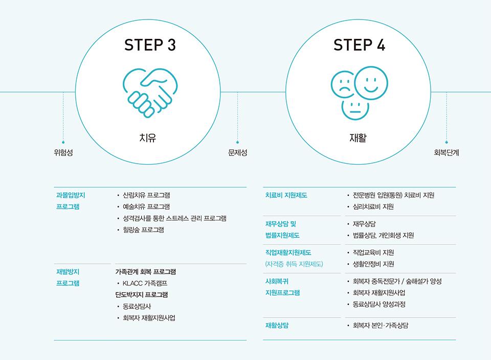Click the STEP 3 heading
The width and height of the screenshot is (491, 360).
click(x=150, y=45)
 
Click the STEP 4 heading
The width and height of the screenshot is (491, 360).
click(x=359, y=45)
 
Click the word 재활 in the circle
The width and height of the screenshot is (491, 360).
click(x=358, y=138)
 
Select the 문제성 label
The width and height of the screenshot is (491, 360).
click(x=237, y=152)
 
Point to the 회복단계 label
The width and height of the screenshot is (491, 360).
click(x=446, y=152)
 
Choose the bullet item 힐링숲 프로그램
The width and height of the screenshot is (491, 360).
click(x=143, y=230)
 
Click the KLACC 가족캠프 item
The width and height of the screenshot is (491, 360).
click(x=145, y=283)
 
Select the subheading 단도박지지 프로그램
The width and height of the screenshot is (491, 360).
click(x=142, y=295)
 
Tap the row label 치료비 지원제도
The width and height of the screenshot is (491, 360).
click(x=286, y=195)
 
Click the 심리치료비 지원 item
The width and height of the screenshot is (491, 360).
click(x=373, y=207)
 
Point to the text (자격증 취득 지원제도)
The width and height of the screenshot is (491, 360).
click(x=294, y=264)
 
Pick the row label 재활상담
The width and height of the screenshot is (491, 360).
click(x=277, y=325)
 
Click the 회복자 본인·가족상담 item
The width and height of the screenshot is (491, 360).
click(x=381, y=325)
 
